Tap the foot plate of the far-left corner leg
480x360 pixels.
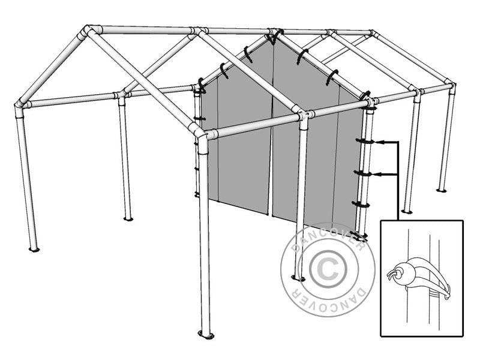34,248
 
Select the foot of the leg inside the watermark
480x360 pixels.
298,278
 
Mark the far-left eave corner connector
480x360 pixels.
20,107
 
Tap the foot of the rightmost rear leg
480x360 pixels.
442,190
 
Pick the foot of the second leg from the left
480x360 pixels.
128,218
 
